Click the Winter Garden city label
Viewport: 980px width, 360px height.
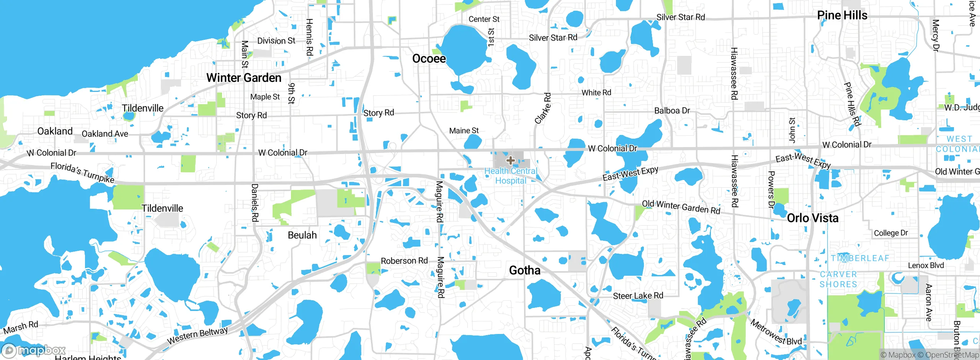[244, 78]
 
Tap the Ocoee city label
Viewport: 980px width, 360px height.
[429, 59]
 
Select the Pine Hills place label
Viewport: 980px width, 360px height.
[842, 15]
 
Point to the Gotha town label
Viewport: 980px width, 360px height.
[524, 270]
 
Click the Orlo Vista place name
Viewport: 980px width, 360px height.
[812, 218]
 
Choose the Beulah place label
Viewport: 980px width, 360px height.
[302, 235]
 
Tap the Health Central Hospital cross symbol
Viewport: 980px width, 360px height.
[510, 160]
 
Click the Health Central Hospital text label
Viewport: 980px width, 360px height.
[511, 176]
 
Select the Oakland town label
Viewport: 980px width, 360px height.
[55, 131]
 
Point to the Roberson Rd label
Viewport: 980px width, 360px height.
[404, 261]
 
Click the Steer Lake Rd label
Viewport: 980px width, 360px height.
[638, 296]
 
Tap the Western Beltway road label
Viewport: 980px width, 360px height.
[197, 335]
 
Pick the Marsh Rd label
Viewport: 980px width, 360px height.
[21, 327]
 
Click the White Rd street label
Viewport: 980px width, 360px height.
[596, 93]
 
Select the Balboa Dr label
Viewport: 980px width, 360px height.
[672, 111]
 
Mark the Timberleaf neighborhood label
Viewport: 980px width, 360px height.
[859, 258]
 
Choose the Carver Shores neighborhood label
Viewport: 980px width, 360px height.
[838, 279]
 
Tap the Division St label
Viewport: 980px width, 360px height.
[276, 41]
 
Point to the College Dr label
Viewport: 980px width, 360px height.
[890, 233]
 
